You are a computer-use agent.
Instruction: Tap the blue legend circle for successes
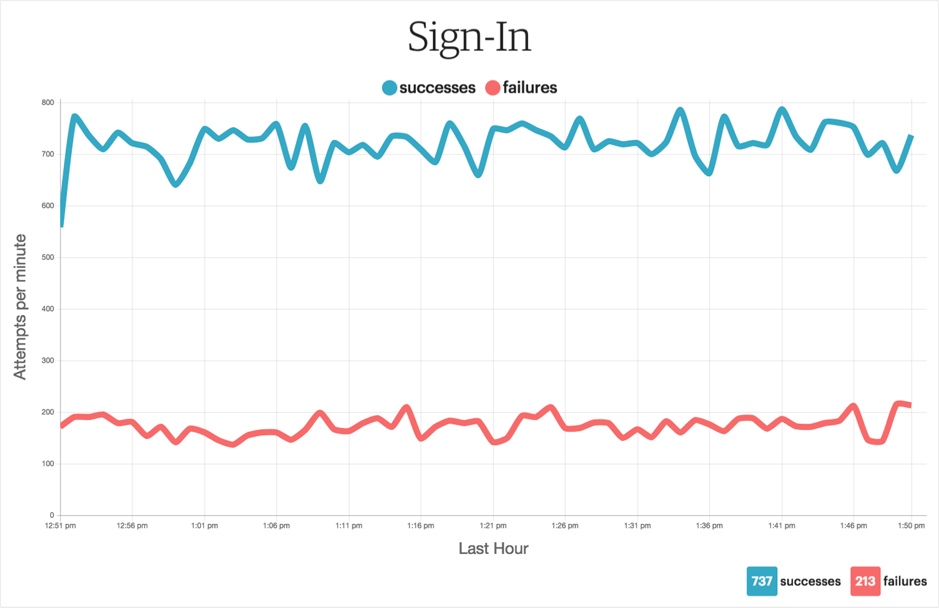pyautogui.click(x=389, y=88)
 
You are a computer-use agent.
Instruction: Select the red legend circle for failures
pyautogui.click(x=493, y=88)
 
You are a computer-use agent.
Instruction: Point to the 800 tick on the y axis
pyautogui.click(x=48, y=103)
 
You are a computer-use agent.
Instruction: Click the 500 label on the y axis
pyautogui.click(x=48, y=258)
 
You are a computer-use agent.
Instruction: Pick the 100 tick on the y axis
pyautogui.click(x=48, y=464)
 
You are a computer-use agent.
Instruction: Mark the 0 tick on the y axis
pyautogui.click(x=52, y=515)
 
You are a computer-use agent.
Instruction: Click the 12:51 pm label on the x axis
pyautogui.click(x=61, y=526)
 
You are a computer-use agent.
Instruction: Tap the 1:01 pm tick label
pyautogui.click(x=204, y=526)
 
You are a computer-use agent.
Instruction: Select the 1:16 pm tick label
pyautogui.click(x=421, y=526)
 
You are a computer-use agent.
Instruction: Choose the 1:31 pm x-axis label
pyautogui.click(x=637, y=526)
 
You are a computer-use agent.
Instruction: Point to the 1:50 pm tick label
pyautogui.click(x=911, y=526)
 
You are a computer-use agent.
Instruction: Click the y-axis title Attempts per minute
pyautogui.click(x=20, y=307)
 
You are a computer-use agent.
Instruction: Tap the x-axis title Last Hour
pyautogui.click(x=493, y=549)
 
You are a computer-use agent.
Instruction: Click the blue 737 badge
pyautogui.click(x=762, y=581)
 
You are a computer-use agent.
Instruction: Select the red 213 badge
pyautogui.click(x=865, y=581)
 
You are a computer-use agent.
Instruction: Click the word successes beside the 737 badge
pyautogui.click(x=811, y=581)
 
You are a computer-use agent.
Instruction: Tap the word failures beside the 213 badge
pyautogui.click(x=905, y=581)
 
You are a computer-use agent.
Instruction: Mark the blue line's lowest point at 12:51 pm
pyautogui.click(x=62, y=225)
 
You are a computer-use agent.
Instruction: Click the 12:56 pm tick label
pyautogui.click(x=132, y=526)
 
